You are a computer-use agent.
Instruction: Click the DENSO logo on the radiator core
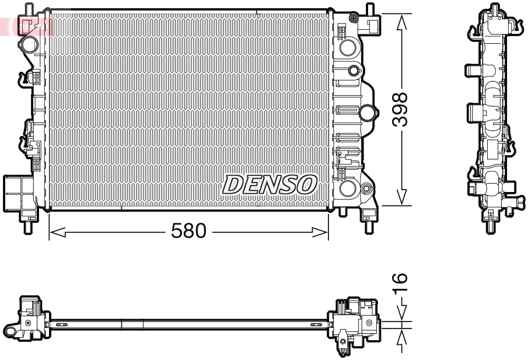coord(269,185)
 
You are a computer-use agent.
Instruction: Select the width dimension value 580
coord(188,232)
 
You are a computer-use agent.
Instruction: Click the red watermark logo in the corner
coord(26,25)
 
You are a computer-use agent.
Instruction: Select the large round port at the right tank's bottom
coord(348,188)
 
